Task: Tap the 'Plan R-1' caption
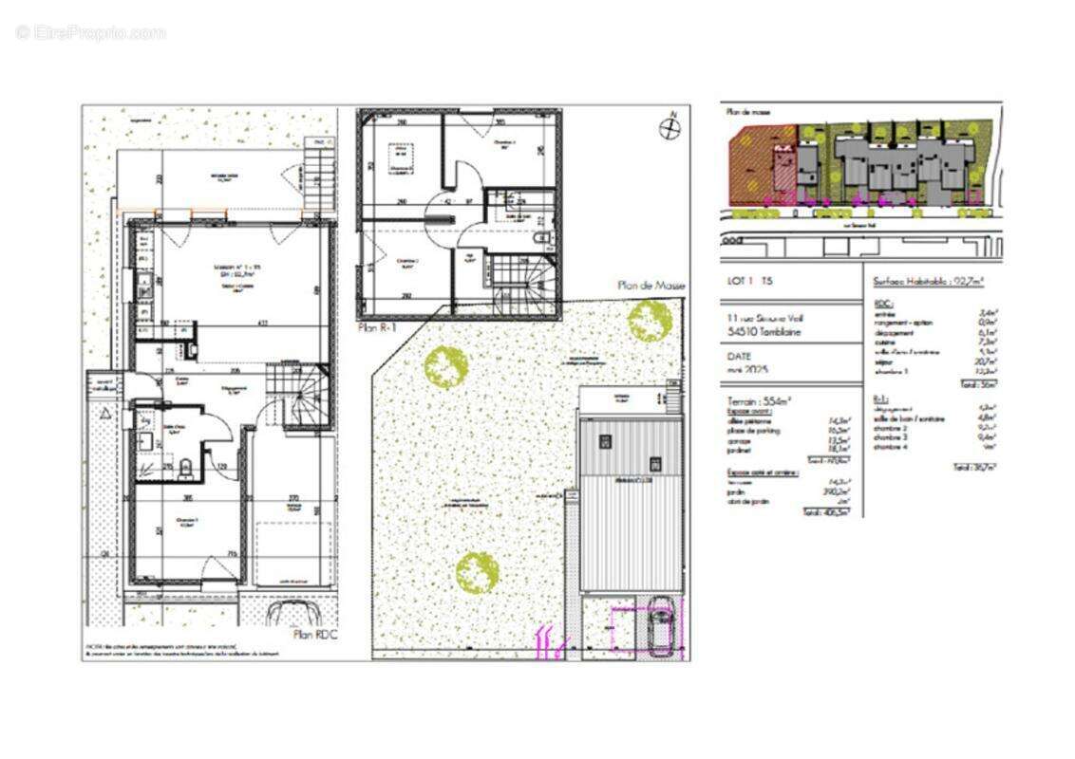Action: [377, 327]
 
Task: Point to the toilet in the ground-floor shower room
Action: [187, 466]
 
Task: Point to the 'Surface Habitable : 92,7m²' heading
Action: [927, 281]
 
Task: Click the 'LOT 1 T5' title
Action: [749, 282]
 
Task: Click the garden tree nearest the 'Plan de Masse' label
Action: [649, 320]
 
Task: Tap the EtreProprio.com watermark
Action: [90, 33]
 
